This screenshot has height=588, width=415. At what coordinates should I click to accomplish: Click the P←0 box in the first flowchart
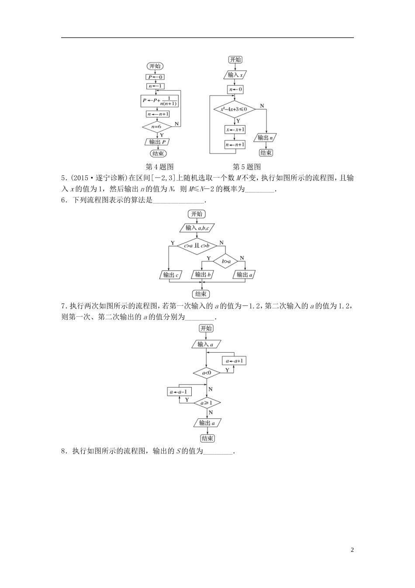coord(155,77)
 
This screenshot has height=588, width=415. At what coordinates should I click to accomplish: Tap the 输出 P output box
coord(157,142)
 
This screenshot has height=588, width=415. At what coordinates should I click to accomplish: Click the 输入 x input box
coord(235,75)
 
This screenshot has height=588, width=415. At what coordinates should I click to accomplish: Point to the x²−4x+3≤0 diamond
coord(234,109)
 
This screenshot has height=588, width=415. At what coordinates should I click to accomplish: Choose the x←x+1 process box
coord(235,130)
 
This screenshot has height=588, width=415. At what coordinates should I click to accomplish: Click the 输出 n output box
coord(266,138)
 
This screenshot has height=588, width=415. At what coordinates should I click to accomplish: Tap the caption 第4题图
coord(159,167)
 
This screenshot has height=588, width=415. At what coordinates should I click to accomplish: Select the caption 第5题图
coord(247,167)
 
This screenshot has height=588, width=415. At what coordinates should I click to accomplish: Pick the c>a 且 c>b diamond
coord(197,246)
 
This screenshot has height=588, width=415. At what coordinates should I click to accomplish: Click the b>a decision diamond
coord(226,262)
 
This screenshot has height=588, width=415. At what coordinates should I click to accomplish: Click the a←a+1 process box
coord(235,361)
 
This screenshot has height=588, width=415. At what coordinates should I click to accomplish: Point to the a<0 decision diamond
coord(207,373)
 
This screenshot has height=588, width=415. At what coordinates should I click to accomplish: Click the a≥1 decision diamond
coord(207,403)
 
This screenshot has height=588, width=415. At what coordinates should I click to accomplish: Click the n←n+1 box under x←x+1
coord(235,145)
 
